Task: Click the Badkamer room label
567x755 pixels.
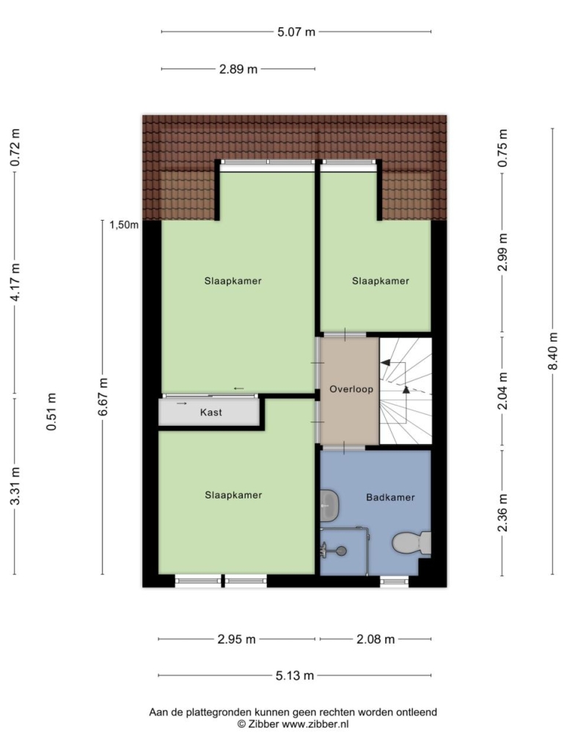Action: [x=390, y=498]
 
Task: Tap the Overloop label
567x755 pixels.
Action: [x=351, y=389]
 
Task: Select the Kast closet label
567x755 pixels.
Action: [x=211, y=412]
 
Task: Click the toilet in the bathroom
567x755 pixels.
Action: [x=411, y=543]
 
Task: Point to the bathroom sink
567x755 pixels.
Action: [x=330, y=506]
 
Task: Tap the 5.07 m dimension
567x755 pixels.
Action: [x=296, y=32]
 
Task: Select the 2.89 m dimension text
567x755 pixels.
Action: [x=238, y=70]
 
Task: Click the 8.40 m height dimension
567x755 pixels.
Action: [x=552, y=352]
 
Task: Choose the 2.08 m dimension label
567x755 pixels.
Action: [x=376, y=639]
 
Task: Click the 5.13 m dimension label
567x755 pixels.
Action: [x=295, y=676]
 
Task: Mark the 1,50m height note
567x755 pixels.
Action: [x=124, y=225]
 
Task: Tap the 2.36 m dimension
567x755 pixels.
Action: [x=502, y=513]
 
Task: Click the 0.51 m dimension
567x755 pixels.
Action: [x=51, y=412]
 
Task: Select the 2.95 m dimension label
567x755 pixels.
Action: [x=236, y=639]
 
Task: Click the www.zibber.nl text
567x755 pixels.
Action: [x=315, y=723]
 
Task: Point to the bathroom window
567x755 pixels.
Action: [x=394, y=582]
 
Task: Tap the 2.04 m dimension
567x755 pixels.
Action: [x=502, y=391]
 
